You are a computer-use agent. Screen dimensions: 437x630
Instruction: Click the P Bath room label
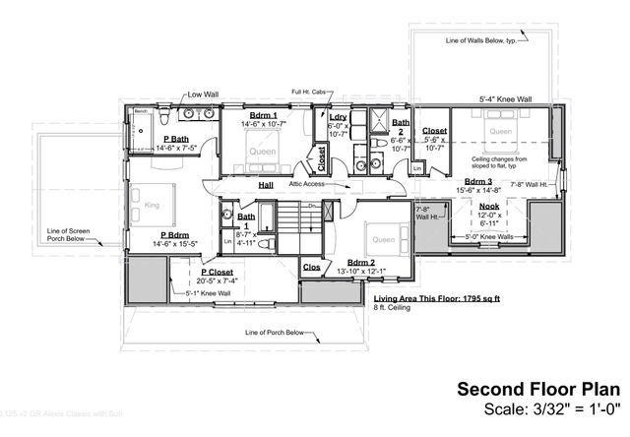pyautogui.click(x=178, y=139)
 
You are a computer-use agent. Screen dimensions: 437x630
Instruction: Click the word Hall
pyautogui.click(x=266, y=184)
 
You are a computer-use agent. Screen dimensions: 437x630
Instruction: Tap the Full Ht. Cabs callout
pyautogui.click(x=310, y=94)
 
